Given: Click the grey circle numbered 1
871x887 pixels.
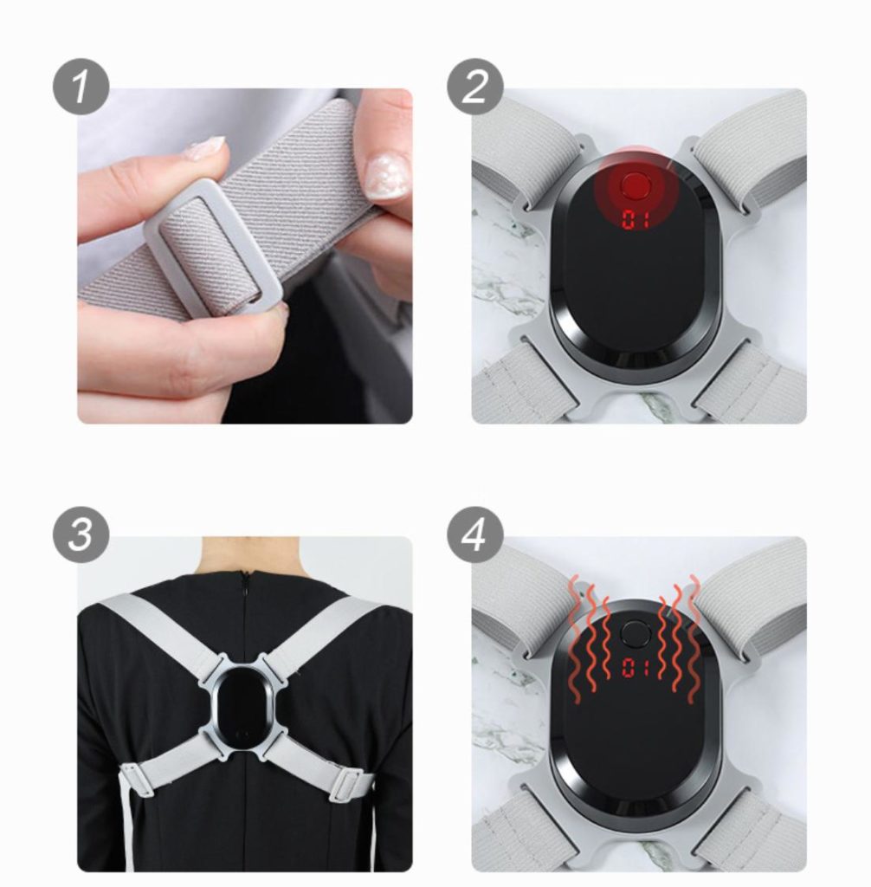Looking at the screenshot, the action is point(81,87).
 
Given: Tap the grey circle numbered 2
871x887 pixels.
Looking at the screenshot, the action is point(475,87).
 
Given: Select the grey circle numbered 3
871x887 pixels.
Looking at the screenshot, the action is point(81,534).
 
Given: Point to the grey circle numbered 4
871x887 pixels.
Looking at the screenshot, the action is point(475,534).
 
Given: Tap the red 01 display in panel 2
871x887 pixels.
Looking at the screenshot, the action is point(636,219).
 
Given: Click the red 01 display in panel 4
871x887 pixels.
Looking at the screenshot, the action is point(636,668).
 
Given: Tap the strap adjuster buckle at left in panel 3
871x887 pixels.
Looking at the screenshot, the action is point(136,779).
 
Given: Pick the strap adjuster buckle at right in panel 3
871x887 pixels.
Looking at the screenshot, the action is point(346,783).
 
